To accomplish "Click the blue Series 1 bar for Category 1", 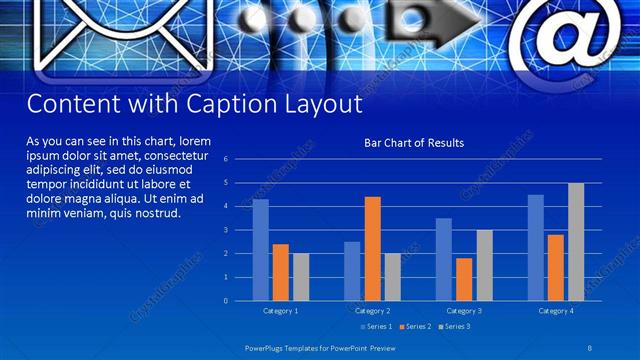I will [260, 250].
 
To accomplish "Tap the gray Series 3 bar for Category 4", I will [576, 242].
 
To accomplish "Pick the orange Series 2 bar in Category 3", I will [464, 279].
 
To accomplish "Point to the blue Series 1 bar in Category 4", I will [536, 248].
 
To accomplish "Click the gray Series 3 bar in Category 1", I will [300, 277].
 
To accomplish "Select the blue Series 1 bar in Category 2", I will [352, 271].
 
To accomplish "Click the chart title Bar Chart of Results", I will [413, 143].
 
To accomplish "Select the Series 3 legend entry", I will [455, 327].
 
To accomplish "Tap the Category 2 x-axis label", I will [372, 311].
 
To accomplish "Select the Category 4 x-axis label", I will [556, 311].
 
